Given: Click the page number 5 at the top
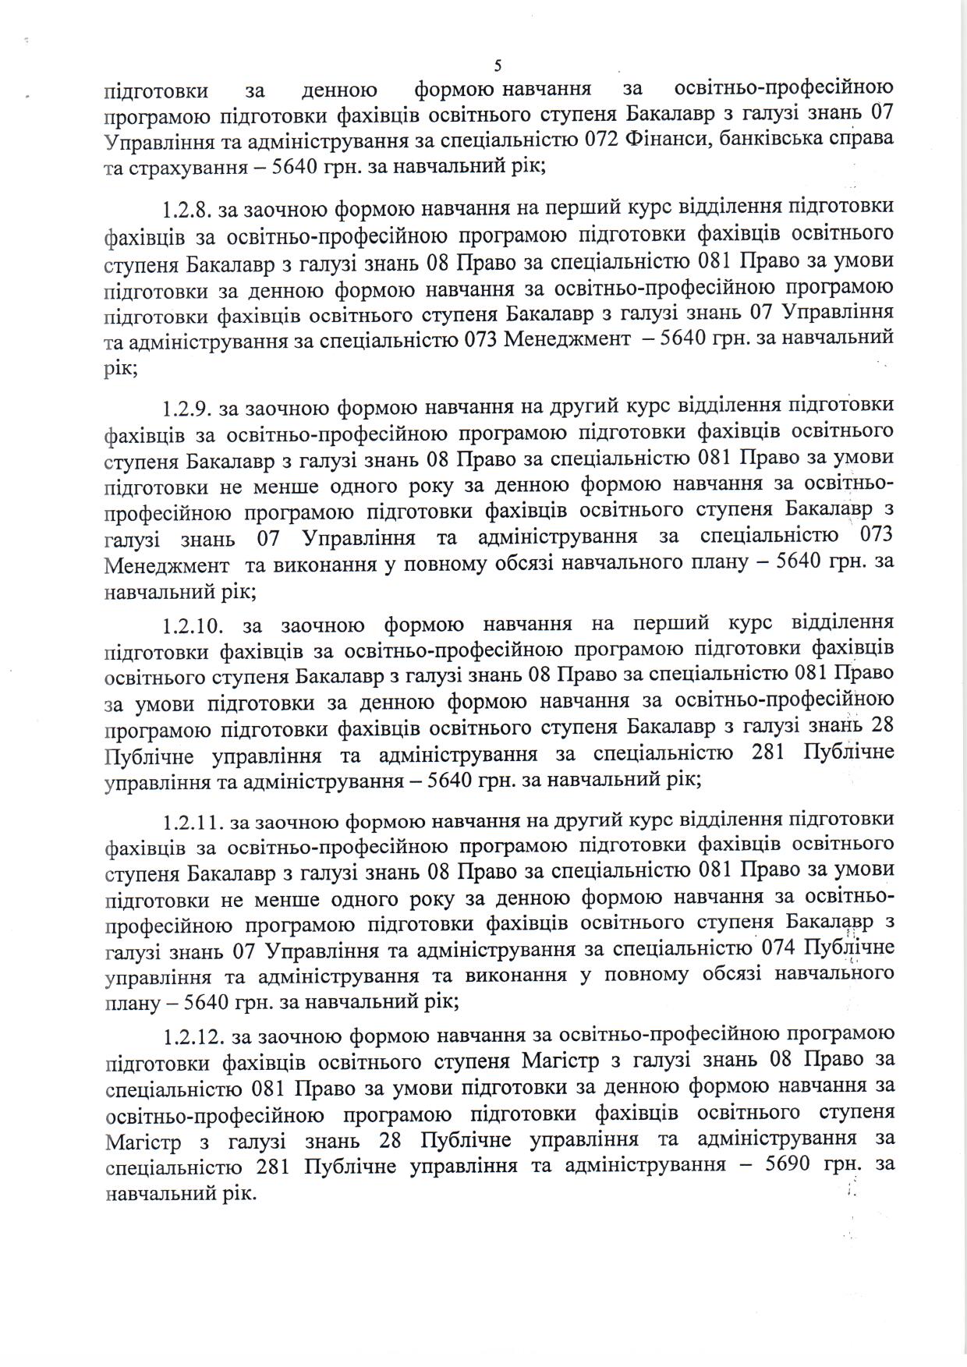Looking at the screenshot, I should (x=498, y=65).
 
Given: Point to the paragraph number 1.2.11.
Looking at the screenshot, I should (x=193, y=820).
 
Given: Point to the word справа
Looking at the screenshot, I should (x=860, y=140).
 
